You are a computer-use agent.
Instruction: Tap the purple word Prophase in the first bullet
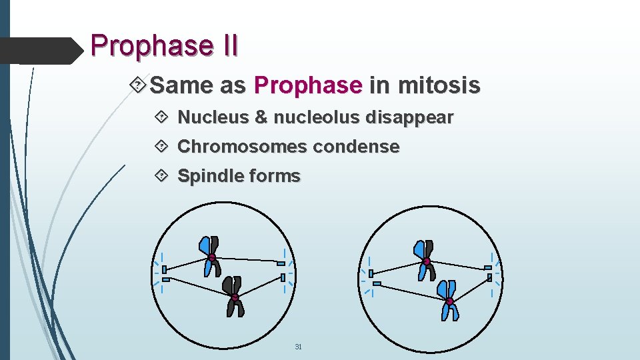307,85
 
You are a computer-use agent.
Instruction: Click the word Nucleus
213,118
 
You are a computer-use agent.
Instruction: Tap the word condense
357,147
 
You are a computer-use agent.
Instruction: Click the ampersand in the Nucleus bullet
261,118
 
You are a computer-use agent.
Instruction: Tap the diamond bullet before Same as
139,85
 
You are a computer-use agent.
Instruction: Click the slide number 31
298,347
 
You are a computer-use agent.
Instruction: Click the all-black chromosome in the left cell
235,297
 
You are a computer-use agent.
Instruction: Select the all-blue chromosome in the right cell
449,299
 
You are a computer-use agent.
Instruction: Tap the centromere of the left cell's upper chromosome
211,257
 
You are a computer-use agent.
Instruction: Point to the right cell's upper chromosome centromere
426,261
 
